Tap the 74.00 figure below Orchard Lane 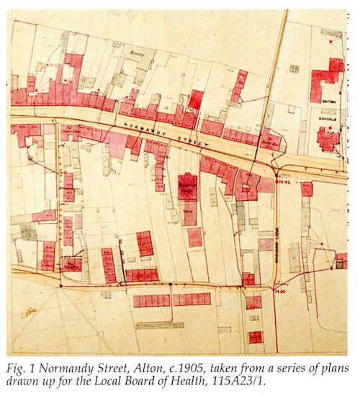281,291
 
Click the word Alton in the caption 149,365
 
